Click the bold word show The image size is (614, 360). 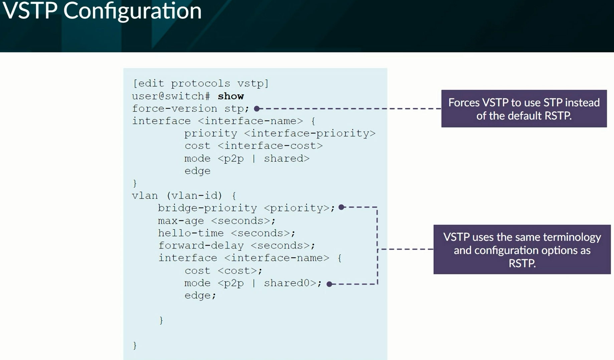(x=231, y=96)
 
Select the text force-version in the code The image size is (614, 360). (x=174, y=109)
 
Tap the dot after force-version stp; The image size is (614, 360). (x=257, y=109)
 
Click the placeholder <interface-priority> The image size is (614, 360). (x=310, y=133)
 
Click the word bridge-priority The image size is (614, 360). (x=207, y=208)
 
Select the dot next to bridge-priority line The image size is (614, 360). (x=341, y=207)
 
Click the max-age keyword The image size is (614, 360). (x=181, y=221)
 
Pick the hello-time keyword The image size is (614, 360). (x=191, y=233)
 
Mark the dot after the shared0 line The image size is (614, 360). (x=329, y=284)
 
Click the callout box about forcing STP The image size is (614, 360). (x=524, y=109)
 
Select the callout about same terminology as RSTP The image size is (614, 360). (x=522, y=249)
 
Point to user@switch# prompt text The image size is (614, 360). (x=171, y=96)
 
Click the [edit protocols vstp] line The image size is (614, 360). (x=200, y=83)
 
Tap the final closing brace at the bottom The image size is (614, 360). (x=135, y=345)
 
